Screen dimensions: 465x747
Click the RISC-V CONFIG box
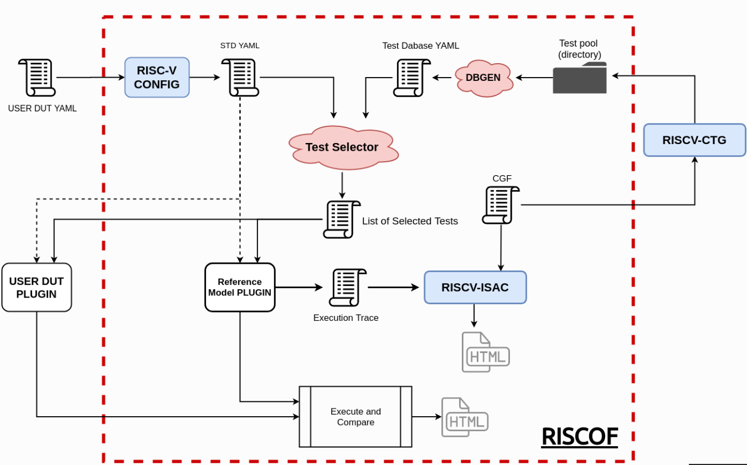(157, 78)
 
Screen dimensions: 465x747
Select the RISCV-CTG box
(694, 140)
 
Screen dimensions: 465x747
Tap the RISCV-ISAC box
(475, 287)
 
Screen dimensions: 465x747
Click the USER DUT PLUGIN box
(37, 287)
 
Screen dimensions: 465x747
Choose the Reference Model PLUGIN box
(240, 287)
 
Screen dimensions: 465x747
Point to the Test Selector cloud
(342, 147)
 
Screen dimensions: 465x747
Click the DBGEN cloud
(483, 78)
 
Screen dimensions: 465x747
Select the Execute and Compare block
(356, 417)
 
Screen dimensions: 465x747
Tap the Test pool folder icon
(580, 78)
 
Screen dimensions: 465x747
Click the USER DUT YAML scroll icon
(37, 78)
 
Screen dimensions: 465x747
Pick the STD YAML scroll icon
(240, 78)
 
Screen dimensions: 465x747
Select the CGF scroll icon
(501, 205)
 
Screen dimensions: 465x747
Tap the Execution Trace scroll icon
(347, 288)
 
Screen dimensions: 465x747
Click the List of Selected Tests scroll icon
(342, 219)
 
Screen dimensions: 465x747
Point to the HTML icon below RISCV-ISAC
(485, 352)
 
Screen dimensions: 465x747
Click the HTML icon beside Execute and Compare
(464, 417)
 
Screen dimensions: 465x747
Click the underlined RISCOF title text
(579, 437)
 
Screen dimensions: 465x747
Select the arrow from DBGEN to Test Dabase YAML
(442, 78)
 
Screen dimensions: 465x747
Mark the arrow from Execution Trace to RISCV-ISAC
(393, 287)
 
